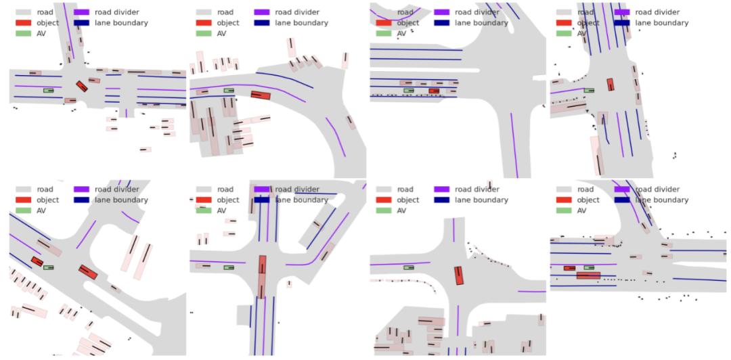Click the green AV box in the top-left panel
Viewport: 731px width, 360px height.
click(49, 91)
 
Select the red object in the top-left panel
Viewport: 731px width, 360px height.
click(82, 86)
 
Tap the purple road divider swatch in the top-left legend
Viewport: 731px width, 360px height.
click(82, 12)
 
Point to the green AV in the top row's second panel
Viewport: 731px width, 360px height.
click(229, 91)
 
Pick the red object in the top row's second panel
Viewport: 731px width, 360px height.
click(261, 95)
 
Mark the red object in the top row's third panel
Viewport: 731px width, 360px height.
click(434, 91)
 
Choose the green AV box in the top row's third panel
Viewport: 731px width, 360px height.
click(409, 91)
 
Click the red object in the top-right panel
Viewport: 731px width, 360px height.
click(611, 85)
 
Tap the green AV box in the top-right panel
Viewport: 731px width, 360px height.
click(589, 91)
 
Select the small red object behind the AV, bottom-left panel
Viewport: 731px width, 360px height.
click(37, 262)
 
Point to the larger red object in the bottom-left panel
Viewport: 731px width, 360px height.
click(88, 272)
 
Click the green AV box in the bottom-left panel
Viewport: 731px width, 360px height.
click(49, 268)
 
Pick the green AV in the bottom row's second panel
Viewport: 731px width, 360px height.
click(229, 268)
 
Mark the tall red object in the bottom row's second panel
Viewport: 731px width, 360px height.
click(262, 277)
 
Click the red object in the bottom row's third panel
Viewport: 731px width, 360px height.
click(459, 275)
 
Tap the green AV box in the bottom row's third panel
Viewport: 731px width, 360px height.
click(409, 268)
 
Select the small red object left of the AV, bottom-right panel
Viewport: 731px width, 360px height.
click(569, 268)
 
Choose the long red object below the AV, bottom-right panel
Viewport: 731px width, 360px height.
click(588, 275)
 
